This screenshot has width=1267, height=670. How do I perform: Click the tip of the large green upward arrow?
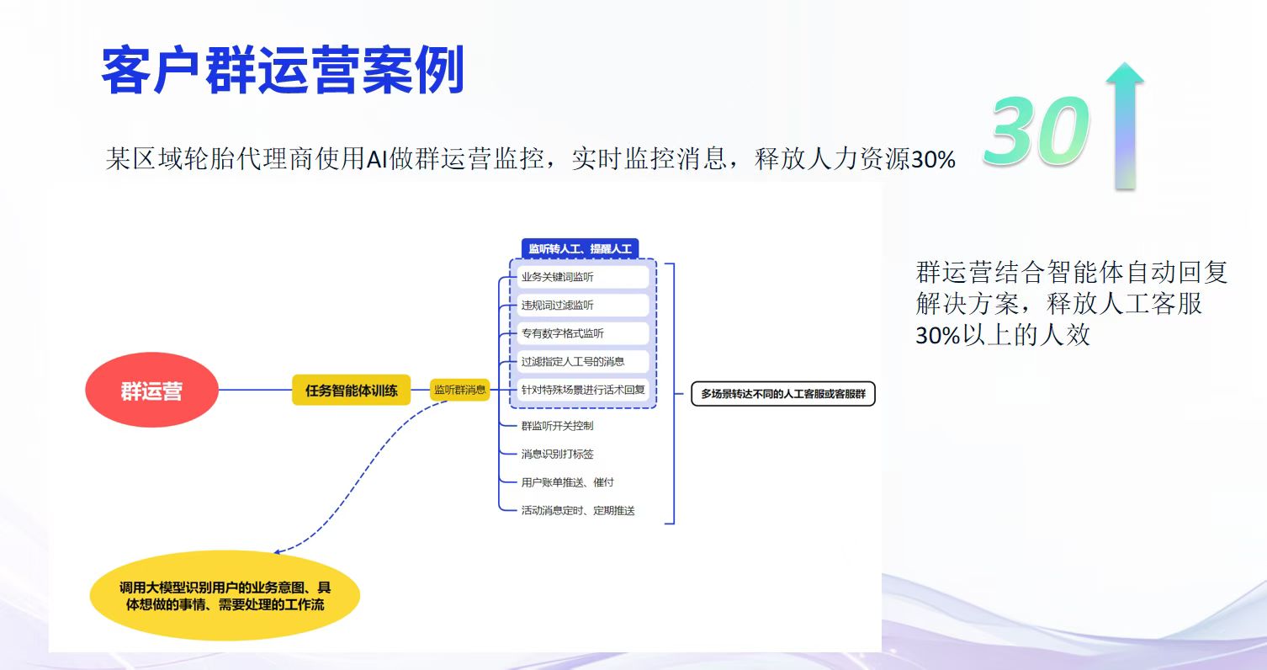1125,62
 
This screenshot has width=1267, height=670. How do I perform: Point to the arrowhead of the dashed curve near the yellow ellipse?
274,552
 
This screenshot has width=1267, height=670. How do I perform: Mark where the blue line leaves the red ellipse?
219,390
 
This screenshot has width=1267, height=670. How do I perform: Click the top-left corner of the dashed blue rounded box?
510,260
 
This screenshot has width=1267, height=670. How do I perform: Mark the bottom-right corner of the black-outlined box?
875,406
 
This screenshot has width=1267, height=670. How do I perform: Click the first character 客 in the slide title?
126,70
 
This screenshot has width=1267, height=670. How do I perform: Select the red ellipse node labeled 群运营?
151,390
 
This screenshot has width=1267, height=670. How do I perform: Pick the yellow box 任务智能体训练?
352,390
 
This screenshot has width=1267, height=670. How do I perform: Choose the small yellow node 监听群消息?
459,390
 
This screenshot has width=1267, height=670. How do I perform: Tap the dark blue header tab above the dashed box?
580,248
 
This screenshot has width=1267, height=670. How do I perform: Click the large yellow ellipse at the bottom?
225,596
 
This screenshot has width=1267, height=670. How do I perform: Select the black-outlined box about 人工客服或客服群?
783,394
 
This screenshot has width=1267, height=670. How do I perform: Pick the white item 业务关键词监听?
582,277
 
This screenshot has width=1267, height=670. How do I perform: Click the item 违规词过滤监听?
582,305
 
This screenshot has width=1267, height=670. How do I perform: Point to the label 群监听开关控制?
557,426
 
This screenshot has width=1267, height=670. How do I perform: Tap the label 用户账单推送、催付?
567,482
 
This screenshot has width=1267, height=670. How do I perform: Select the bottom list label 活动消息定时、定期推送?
577,510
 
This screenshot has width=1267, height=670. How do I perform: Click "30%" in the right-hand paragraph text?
938,336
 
